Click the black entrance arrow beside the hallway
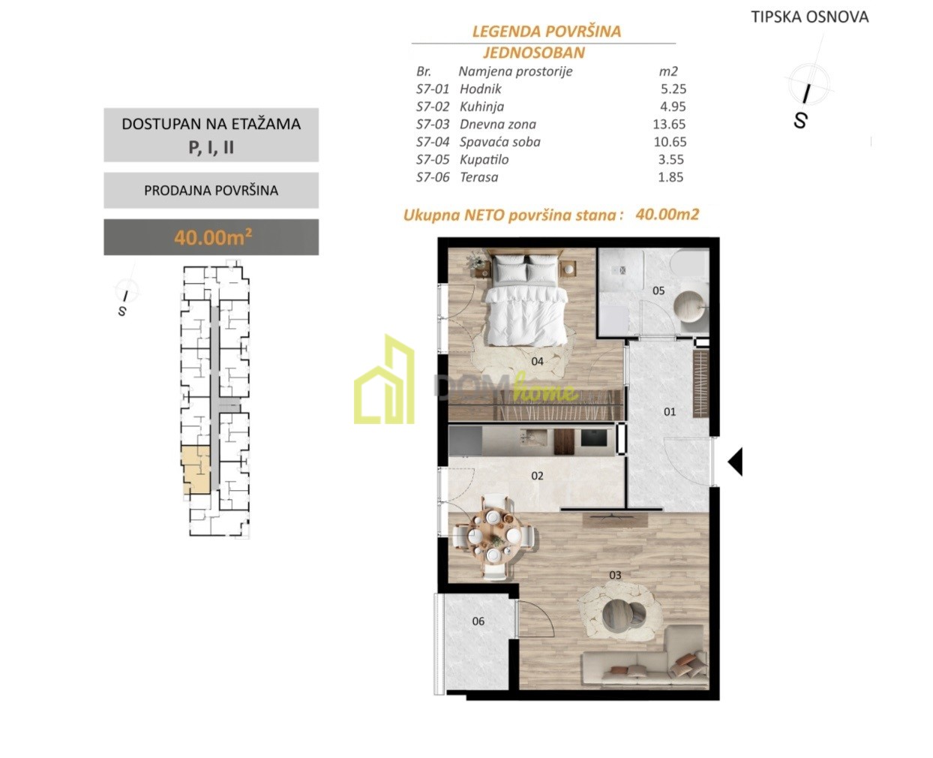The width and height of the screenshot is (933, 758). (736, 462)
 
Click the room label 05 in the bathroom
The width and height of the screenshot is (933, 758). (658, 290)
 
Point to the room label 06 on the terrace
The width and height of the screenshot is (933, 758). (478, 621)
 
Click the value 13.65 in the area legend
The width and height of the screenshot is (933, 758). (669, 124)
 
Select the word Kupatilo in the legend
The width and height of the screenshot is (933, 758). (484, 160)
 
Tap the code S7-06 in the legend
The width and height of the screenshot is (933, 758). (433, 177)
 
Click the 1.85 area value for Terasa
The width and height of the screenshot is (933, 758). (670, 177)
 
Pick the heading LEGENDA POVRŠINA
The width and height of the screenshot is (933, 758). (547, 31)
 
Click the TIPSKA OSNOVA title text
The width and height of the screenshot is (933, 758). (810, 17)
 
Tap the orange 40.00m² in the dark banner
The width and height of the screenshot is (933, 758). (213, 237)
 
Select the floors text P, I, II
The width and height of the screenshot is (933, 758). (211, 147)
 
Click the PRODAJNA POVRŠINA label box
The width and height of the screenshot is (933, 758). (211, 190)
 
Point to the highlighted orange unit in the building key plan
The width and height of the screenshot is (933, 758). (195, 470)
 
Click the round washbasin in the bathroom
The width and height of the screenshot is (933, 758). (688, 306)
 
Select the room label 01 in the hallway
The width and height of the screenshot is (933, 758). (670, 411)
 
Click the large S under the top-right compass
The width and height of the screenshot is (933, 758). (799, 121)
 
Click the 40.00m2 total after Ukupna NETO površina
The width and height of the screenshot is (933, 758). (667, 214)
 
